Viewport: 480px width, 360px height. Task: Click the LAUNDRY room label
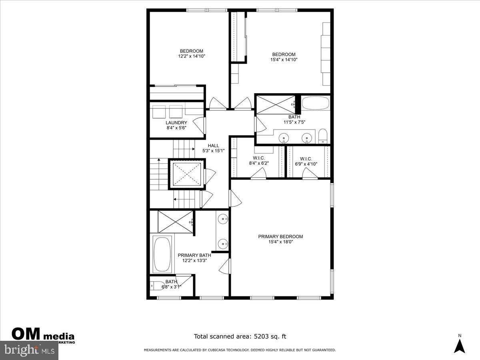pos(176,122)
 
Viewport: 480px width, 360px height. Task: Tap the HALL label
pos(213,146)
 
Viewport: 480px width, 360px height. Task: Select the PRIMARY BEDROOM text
pos(280,236)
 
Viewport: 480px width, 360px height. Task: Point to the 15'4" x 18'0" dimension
pos(280,242)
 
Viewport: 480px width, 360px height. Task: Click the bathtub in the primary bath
pos(162,254)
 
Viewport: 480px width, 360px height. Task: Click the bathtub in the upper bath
pos(315,103)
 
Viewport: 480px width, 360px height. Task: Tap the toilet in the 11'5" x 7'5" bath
pos(323,136)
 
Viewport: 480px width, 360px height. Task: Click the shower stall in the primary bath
pos(175,221)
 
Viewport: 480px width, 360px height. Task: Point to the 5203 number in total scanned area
pos(262,337)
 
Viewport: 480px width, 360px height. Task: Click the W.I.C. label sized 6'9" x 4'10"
pos(306,159)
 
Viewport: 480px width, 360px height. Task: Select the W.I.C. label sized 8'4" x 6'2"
pos(259,158)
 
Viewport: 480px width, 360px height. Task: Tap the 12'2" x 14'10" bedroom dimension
pos(191,56)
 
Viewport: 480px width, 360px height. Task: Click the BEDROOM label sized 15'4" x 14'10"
pos(284,54)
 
